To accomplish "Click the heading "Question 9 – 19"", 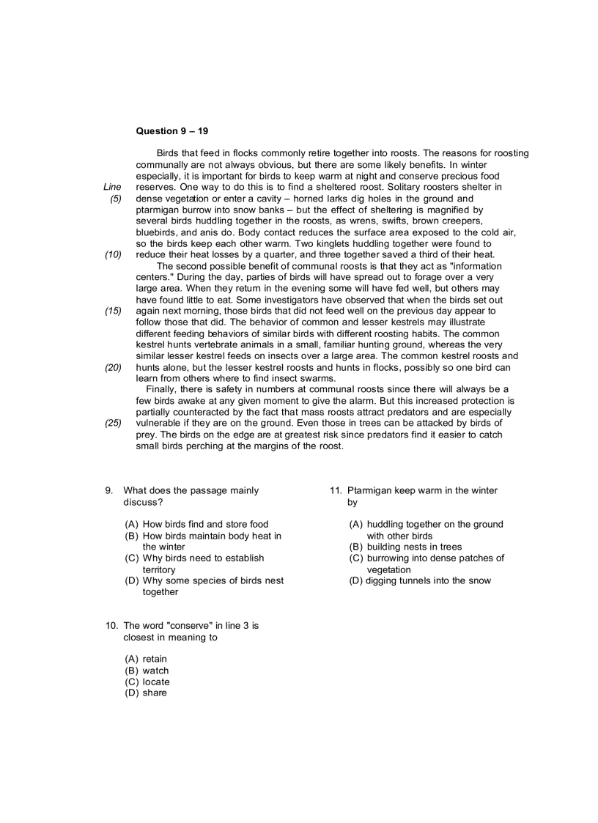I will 172,131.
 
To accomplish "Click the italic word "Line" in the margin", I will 112,187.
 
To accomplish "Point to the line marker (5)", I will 115,199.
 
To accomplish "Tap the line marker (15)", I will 113,311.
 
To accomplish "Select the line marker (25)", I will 113,423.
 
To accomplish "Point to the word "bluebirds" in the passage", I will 156,232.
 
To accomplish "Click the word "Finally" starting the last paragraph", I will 162,389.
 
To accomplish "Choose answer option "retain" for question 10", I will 155,659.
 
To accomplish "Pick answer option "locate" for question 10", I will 155,682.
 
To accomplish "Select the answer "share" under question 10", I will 155,693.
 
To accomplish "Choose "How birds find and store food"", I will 195,524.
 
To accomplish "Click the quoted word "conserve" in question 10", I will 190,626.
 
